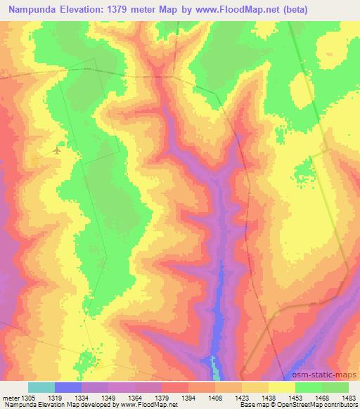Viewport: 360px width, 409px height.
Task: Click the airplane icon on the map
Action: point(57,150)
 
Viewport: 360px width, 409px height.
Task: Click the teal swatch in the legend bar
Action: point(41,387)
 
